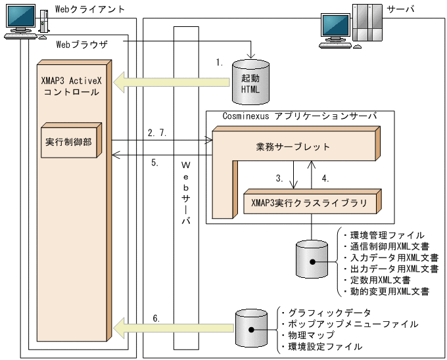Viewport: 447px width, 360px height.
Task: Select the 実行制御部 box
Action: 69,141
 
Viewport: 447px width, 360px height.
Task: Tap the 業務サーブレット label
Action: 293,146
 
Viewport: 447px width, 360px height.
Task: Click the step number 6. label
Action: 156,318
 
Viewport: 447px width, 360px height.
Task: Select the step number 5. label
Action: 155,163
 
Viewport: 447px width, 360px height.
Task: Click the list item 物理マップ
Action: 308,335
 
